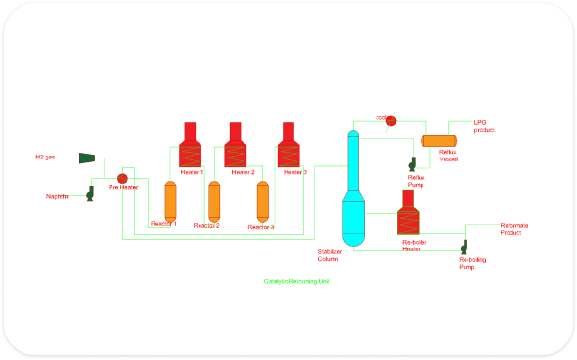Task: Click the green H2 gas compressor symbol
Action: pyautogui.click(x=86, y=157)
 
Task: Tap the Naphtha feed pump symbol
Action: pyautogui.click(x=89, y=193)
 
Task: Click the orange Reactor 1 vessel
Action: pyautogui.click(x=169, y=201)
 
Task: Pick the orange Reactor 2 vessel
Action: pyautogui.click(x=214, y=201)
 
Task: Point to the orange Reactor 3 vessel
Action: pyautogui.click(x=262, y=201)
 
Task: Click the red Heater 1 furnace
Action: pyautogui.click(x=191, y=148)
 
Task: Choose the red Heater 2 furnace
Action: pyautogui.click(x=236, y=148)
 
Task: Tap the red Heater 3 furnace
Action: pyautogui.click(x=288, y=148)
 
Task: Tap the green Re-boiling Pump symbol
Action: pyautogui.click(x=466, y=246)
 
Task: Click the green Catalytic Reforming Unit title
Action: pyautogui.click(x=296, y=281)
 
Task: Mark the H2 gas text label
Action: pyautogui.click(x=45, y=157)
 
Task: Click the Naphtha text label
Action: pyautogui.click(x=58, y=196)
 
